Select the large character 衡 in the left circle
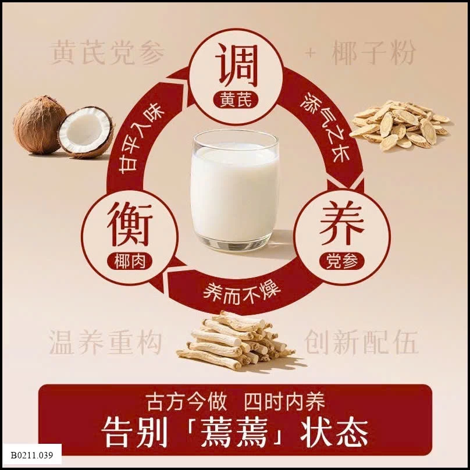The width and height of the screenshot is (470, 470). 130,224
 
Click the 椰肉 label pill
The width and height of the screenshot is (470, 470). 130,261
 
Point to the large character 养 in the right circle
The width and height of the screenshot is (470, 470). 341,222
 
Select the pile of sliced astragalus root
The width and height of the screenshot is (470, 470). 400,124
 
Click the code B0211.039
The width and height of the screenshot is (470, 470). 32,455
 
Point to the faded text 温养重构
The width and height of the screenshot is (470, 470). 105,342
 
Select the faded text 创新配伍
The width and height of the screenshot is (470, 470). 361,342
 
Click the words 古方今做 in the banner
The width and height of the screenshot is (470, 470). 186,402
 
